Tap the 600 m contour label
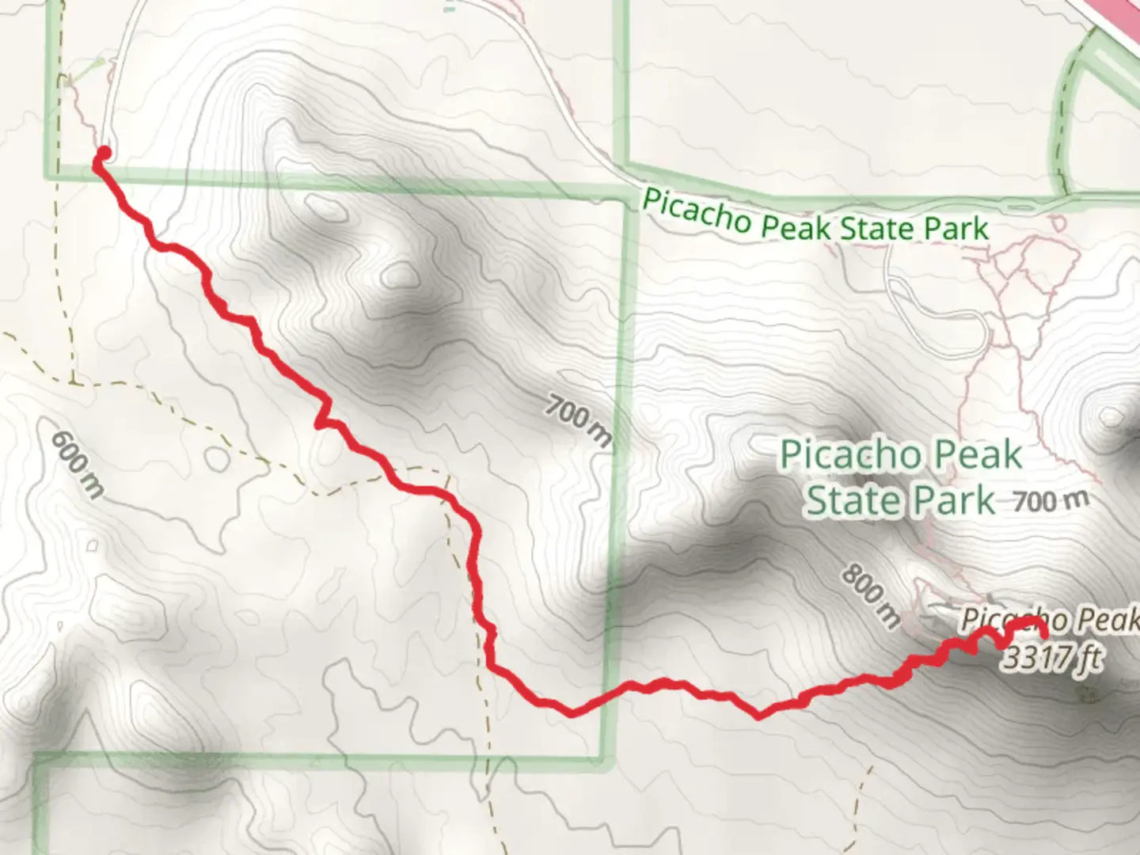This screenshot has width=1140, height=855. (x=77, y=464)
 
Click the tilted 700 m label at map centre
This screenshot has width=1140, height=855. (x=579, y=423)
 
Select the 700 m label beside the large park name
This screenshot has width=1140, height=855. (x=1051, y=500)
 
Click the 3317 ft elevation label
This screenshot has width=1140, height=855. (x=1051, y=657)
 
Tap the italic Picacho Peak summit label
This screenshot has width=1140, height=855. (x=1049, y=620)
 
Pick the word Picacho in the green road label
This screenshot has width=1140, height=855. (x=696, y=210)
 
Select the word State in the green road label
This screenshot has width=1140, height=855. (x=876, y=228)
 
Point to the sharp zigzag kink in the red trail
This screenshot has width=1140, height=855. (x=323, y=413)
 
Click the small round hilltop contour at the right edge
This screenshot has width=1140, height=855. (x=1111, y=416)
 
